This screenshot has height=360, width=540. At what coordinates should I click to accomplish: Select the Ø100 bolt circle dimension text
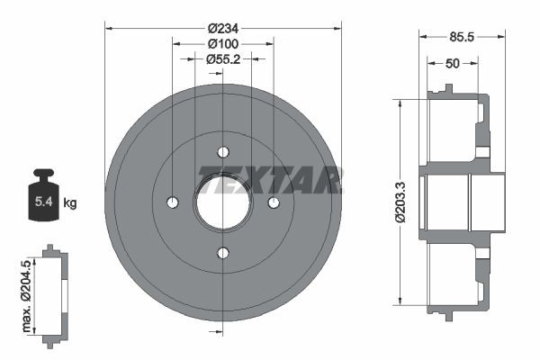click(x=222, y=43)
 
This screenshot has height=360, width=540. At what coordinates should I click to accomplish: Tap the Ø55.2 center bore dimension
click(x=222, y=58)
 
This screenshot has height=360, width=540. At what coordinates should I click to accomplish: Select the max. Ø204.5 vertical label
click(x=26, y=292)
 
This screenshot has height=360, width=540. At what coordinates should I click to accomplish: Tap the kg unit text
click(x=71, y=203)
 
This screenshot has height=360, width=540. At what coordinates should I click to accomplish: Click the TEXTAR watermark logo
click(x=271, y=179)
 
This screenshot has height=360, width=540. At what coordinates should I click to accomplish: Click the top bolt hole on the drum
click(x=223, y=151)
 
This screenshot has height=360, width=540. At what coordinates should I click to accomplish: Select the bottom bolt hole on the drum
click(x=223, y=253)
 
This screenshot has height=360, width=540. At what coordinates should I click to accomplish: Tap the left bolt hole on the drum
click(x=173, y=202)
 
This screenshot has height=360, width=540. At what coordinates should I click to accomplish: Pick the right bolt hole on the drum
click(x=274, y=202)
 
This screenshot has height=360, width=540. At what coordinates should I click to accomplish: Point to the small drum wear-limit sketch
click(x=54, y=292)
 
